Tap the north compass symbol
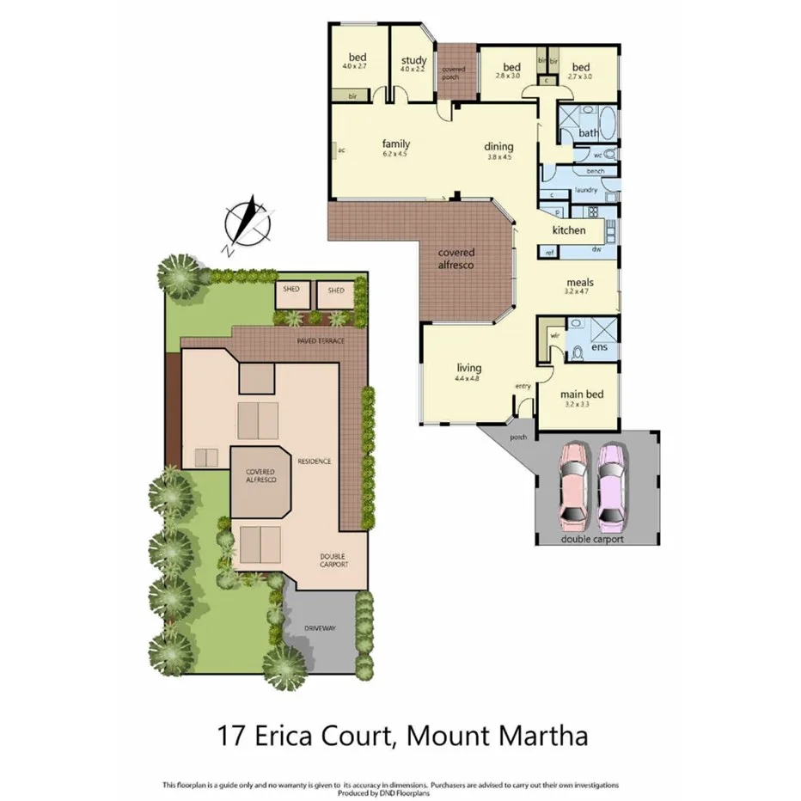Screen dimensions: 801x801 248,223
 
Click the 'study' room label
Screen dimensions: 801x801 413,60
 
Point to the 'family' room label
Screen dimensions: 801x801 395,144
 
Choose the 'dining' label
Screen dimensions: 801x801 499,146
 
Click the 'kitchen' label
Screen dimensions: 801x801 569,230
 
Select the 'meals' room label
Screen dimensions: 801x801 580,282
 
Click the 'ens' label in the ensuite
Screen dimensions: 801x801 600,347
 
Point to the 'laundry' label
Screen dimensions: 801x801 587,189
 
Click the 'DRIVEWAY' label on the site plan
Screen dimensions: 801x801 320,628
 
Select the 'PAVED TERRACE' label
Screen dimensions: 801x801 321,341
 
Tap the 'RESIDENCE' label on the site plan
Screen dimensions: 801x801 314,462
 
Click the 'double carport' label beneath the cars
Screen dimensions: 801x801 592,540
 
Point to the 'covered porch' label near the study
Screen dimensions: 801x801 453,73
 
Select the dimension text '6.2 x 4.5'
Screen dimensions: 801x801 394,155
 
